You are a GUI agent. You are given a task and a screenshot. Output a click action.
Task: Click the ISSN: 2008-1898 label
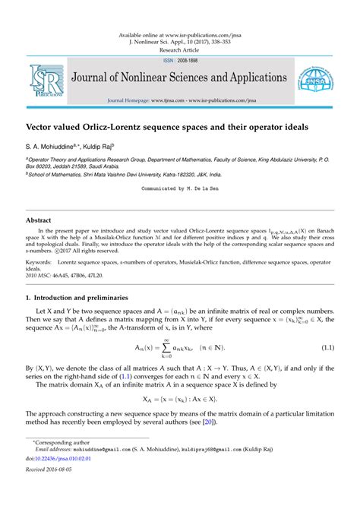coord(180,61)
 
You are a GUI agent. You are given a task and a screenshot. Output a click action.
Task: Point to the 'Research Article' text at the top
coord(180,51)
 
